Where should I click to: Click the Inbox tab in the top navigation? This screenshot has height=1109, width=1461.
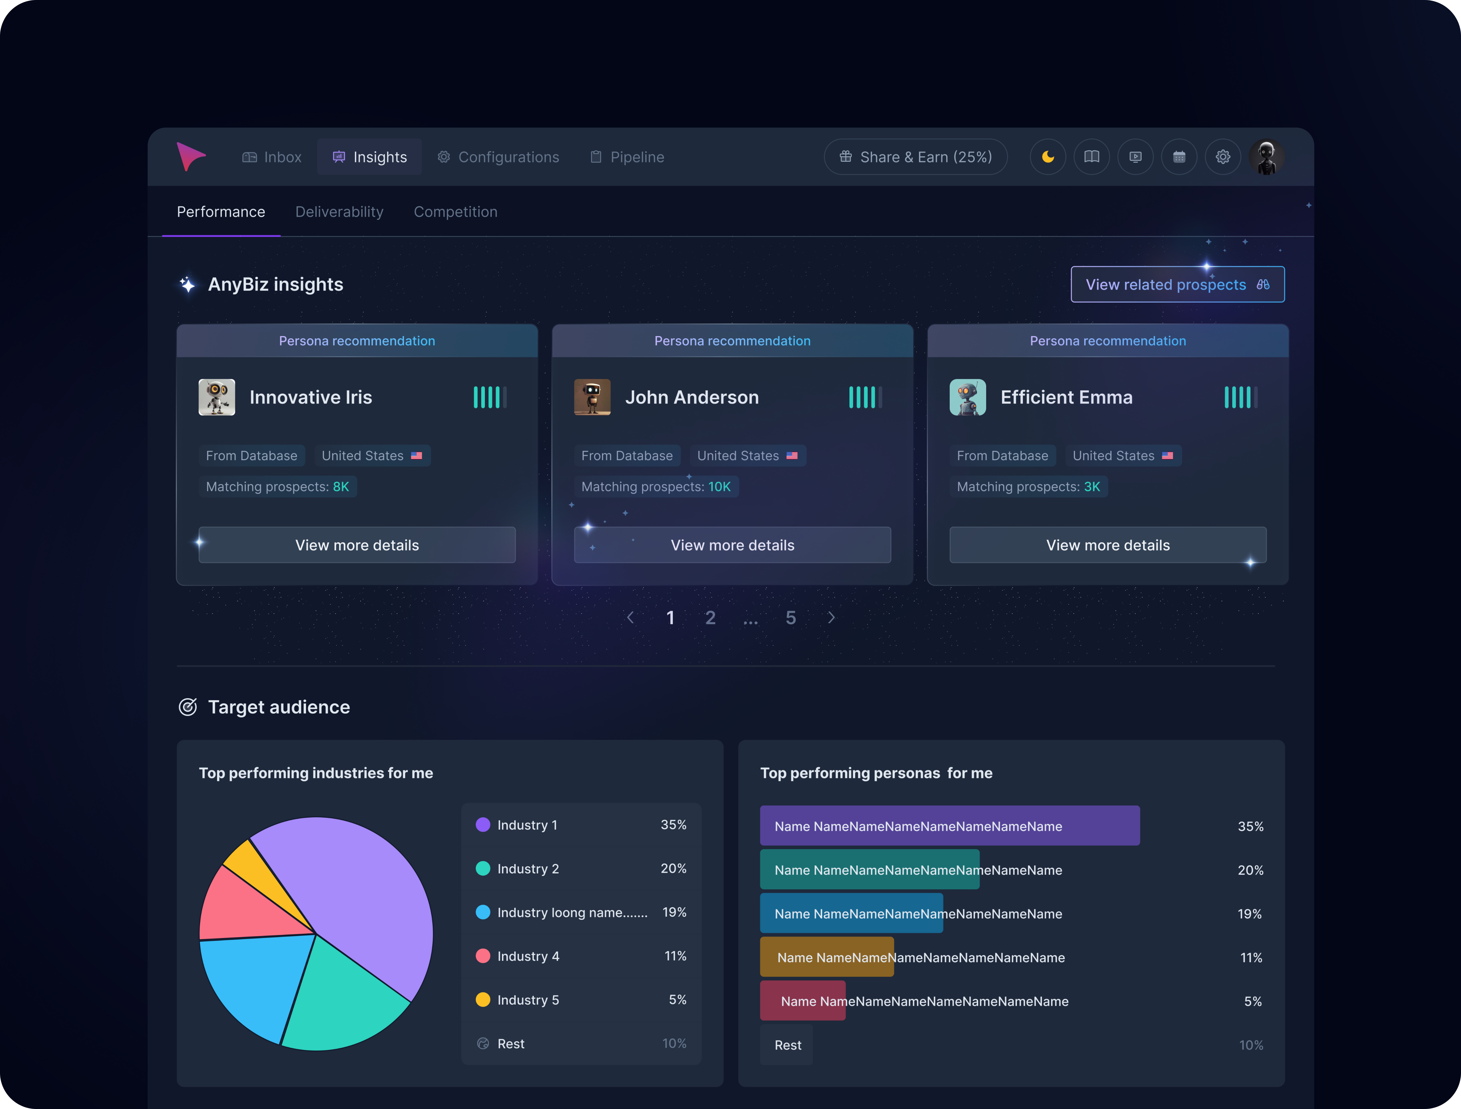pyautogui.click(x=272, y=157)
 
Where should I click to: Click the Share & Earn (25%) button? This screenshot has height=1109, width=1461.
pyautogui.click(x=916, y=157)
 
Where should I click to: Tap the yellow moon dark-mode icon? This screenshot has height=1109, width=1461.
pyautogui.click(x=1047, y=157)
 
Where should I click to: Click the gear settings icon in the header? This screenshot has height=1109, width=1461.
pyautogui.click(x=1223, y=157)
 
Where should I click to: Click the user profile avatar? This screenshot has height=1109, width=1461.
pyautogui.click(x=1266, y=157)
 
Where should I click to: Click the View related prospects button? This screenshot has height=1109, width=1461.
pyautogui.click(x=1177, y=285)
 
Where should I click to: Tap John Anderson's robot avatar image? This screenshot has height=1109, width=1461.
pyautogui.click(x=592, y=397)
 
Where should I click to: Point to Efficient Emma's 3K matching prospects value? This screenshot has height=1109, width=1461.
pyautogui.click(x=1092, y=487)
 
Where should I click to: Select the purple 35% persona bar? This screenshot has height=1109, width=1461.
pyautogui.click(x=949, y=826)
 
